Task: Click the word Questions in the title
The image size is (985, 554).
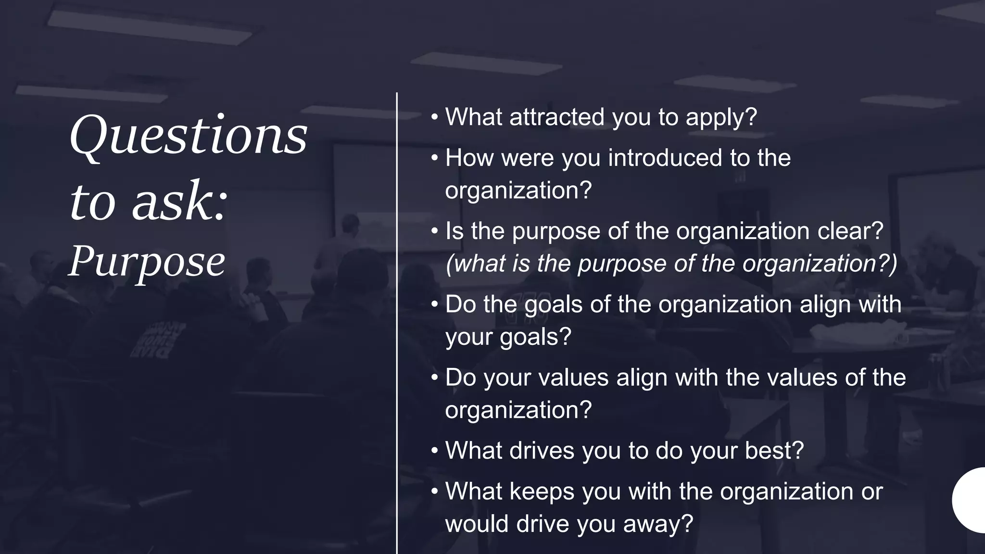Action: point(189,136)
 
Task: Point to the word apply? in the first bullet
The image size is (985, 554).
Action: point(721,118)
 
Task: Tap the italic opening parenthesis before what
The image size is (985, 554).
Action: point(449,264)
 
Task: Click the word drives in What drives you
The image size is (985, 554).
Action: point(542,451)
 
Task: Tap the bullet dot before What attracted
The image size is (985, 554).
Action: point(435,117)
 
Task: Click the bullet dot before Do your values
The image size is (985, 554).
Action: point(435,378)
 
